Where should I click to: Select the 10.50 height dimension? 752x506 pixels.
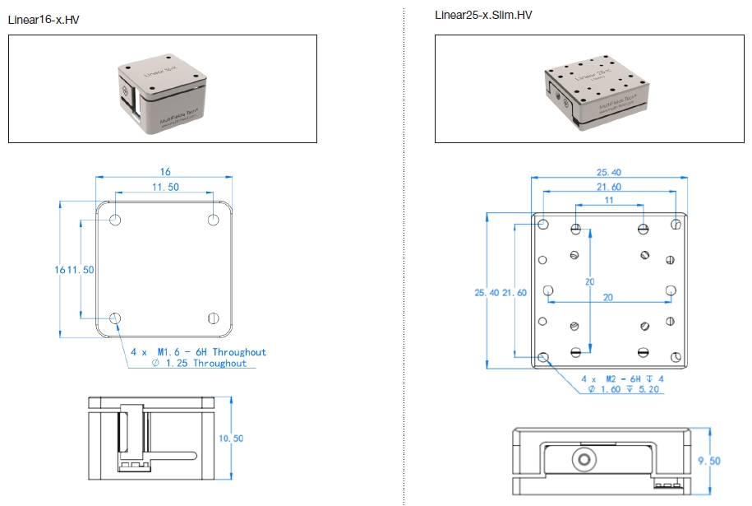231,439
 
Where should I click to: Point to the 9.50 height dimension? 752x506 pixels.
708,461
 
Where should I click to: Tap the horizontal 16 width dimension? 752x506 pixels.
165,172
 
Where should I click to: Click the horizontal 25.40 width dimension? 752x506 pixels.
609,173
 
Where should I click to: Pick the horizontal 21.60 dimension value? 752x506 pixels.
609,188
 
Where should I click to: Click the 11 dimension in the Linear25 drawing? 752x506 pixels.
609,201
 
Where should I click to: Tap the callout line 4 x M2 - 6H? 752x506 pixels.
622,378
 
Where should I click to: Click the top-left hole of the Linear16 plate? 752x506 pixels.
116,220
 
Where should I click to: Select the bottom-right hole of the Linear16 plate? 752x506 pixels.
214,318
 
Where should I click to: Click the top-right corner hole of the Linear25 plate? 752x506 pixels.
676,224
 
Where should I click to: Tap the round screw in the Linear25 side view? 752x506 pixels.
584,457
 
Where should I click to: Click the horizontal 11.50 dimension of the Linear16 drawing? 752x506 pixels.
165,188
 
